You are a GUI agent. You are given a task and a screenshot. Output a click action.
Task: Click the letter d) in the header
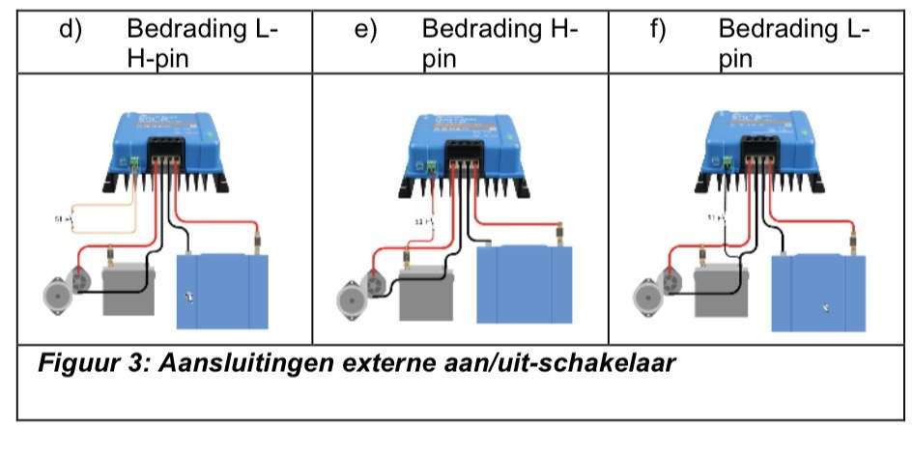(71, 30)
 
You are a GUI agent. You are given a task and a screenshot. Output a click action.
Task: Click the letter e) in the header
(365, 30)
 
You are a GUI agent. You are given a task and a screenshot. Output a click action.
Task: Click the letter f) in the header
(658, 30)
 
